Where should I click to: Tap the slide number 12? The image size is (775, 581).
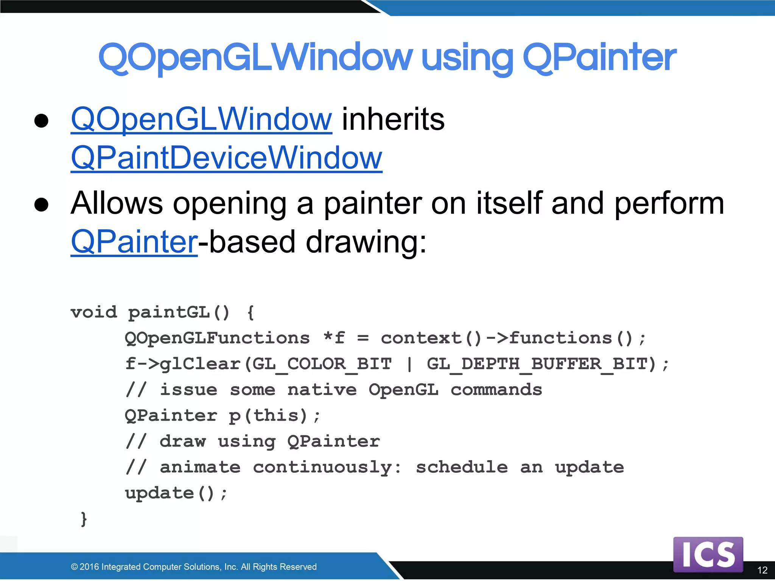point(762,570)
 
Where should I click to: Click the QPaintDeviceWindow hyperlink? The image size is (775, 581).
point(226,158)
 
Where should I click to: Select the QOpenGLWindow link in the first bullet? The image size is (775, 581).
point(201,119)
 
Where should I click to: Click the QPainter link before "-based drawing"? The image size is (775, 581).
point(134,242)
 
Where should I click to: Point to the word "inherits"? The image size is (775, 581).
point(393,119)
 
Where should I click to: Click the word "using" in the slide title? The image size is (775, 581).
point(467,58)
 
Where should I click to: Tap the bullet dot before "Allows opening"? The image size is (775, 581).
point(41,204)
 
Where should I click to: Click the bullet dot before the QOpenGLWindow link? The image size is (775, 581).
point(41,121)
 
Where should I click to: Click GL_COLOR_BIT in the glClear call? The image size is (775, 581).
point(322,364)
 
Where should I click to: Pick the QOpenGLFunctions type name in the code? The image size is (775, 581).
point(217,338)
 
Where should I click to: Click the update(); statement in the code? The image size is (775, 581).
point(176,493)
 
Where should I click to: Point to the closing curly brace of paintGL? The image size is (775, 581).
point(84,519)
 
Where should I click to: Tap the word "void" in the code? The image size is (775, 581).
point(94,312)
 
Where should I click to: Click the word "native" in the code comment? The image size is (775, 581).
point(322,390)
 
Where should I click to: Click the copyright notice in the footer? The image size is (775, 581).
point(193,567)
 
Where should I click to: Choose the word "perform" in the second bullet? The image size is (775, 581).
point(669,204)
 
